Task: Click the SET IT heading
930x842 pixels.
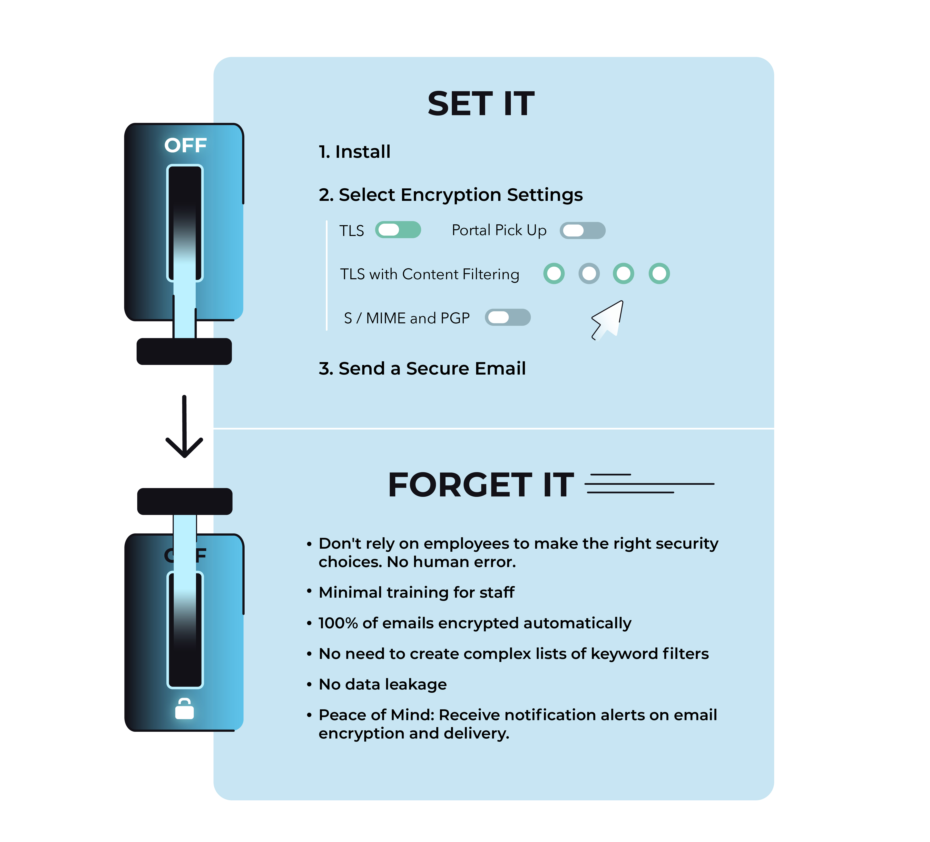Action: coord(481,104)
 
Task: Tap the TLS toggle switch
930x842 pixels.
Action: coord(398,230)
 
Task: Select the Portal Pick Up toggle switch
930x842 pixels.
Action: coord(582,230)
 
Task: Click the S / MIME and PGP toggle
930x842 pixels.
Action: coord(507,317)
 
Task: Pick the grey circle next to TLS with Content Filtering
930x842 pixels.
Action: coord(589,274)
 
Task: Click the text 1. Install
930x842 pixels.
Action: coord(354,152)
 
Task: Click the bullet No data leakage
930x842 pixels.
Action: coord(382,684)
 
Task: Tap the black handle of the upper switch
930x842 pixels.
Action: coord(184,351)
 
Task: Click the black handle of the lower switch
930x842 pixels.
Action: coord(185,501)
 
